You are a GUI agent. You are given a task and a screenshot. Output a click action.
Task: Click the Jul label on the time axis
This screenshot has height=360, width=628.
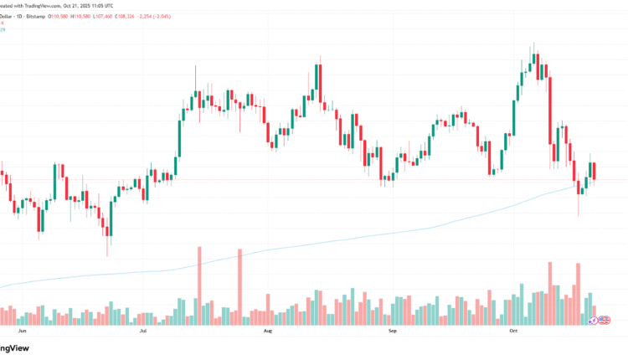point(143,332)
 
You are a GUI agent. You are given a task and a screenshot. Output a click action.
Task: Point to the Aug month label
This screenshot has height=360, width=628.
point(267,332)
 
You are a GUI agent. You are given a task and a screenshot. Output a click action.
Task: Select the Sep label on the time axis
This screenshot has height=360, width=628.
point(393,332)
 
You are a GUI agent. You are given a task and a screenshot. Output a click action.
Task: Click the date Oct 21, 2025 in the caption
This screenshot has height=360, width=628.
point(72,5)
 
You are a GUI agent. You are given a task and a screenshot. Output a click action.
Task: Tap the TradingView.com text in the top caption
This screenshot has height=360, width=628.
point(33,5)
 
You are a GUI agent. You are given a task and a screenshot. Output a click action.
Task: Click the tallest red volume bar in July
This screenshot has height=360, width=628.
point(199,285)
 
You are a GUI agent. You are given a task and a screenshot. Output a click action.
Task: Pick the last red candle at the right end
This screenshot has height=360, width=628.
point(593,170)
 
